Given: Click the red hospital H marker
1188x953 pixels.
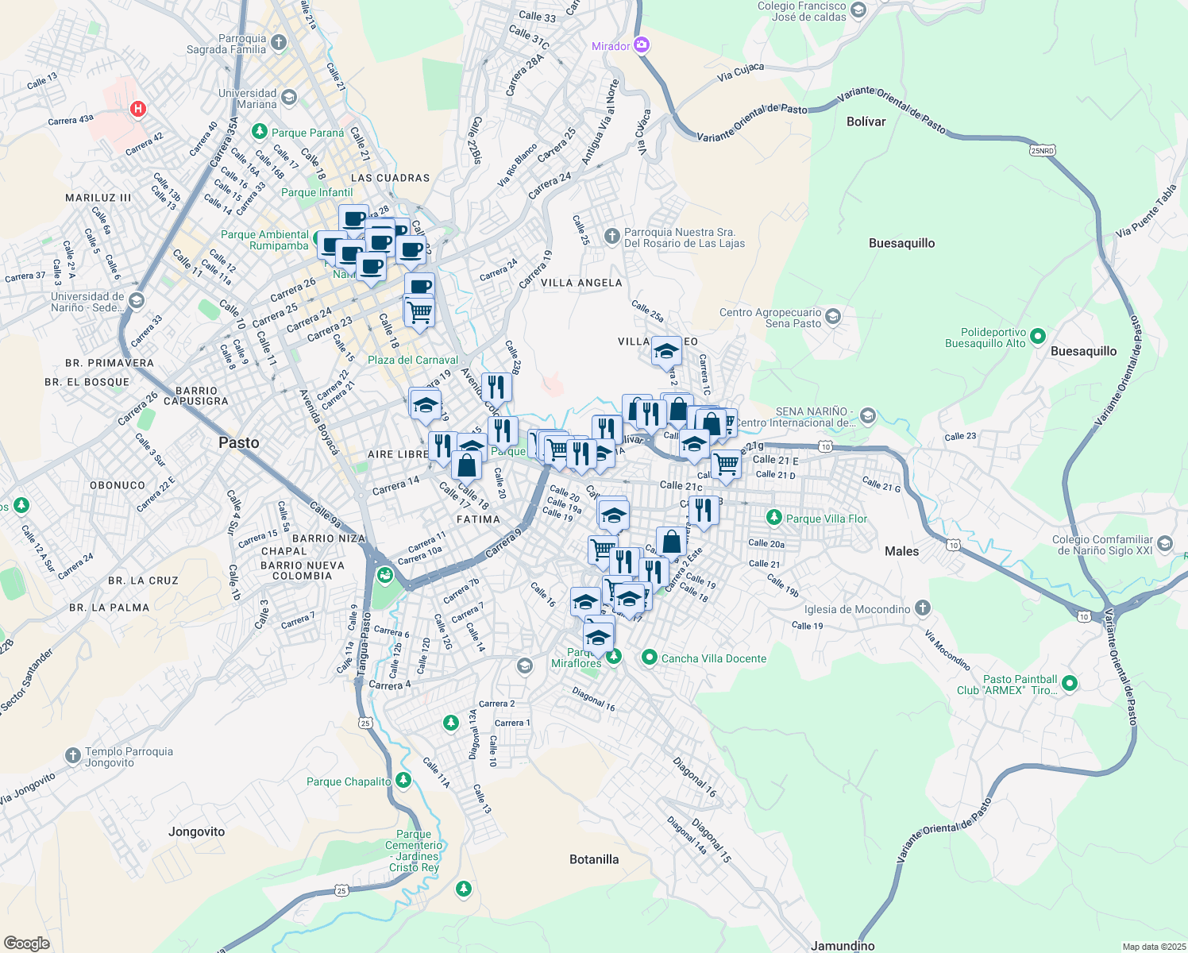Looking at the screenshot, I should [138, 109].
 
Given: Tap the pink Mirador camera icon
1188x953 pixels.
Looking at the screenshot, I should [642, 46].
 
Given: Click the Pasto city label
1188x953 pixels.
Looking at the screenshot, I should [238, 443].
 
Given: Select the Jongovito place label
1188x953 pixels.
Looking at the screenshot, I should [196, 831].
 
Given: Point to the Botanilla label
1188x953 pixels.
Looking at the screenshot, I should [594, 859].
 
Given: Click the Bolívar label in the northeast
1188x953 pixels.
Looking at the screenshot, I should [866, 122].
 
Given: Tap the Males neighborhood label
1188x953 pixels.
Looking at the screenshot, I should [901, 551].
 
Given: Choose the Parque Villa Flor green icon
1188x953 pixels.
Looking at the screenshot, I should [773, 518].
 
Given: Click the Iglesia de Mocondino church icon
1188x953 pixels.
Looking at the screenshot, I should [922, 609].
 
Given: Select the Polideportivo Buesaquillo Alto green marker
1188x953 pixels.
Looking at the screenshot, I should [1038, 338].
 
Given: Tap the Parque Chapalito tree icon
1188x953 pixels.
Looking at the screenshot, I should [403, 781].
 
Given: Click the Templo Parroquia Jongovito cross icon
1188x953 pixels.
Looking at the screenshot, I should [72, 756].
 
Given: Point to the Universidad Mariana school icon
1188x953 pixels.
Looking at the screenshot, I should [289, 98].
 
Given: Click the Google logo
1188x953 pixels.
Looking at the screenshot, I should [26, 943].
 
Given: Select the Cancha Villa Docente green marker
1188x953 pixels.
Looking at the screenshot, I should [650, 658].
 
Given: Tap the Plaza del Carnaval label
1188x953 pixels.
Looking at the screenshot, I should [413, 360].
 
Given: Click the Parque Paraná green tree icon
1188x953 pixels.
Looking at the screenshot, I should [259, 131].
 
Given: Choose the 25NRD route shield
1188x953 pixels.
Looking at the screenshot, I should [1042, 150].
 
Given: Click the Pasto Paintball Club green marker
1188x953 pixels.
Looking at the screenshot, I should [1069, 683].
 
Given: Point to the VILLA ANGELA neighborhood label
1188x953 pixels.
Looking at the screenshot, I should [581, 283].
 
